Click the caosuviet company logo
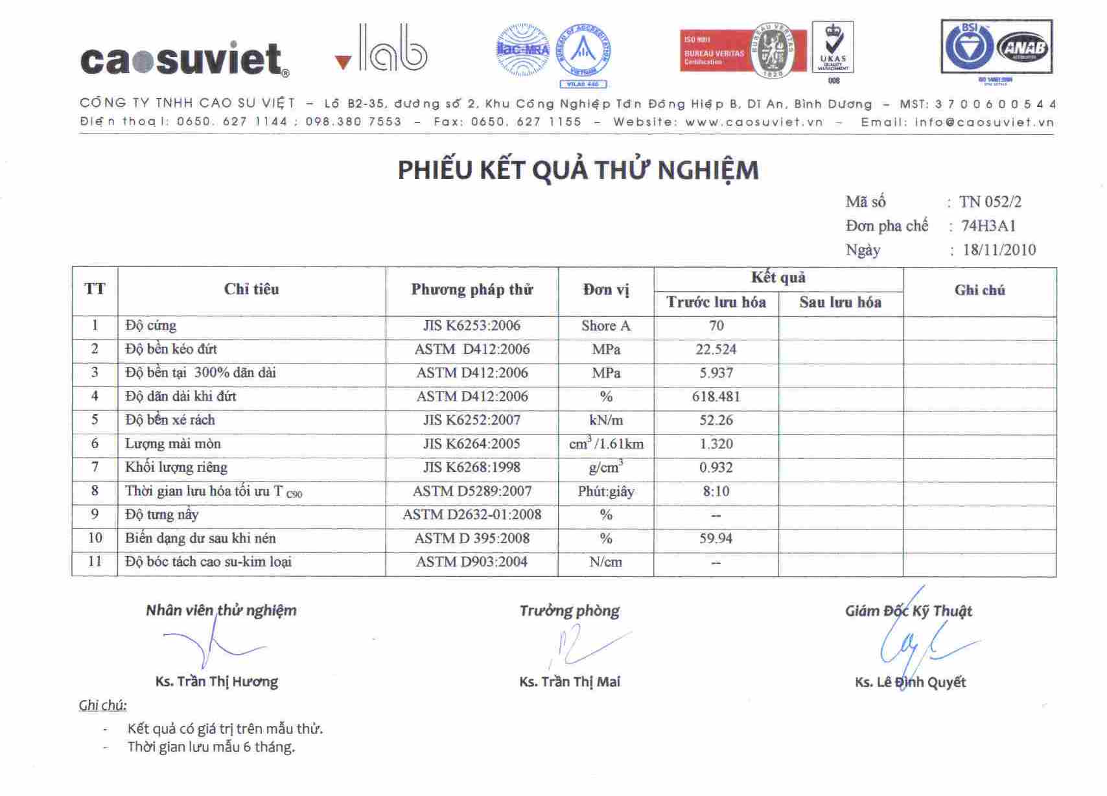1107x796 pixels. (184, 59)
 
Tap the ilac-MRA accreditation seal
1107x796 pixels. (522, 50)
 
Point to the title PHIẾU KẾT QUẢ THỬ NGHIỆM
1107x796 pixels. (577, 170)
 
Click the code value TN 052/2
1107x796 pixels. (990, 202)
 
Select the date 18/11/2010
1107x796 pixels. (999, 250)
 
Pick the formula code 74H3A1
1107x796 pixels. (988, 226)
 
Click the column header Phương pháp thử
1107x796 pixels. (472, 290)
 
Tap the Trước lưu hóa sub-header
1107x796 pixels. (716, 303)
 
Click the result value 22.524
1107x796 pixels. (716, 349)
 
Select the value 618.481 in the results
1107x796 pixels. (716, 397)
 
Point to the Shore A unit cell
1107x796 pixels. (605, 326)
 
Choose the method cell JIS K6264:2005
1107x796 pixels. (472, 444)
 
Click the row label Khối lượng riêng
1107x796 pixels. (176, 467)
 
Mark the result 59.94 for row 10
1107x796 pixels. (716, 539)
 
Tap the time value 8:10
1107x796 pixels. (716, 491)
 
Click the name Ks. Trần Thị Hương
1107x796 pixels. (216, 682)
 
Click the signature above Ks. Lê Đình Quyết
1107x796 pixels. (917, 638)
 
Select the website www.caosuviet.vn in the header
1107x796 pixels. (754, 122)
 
